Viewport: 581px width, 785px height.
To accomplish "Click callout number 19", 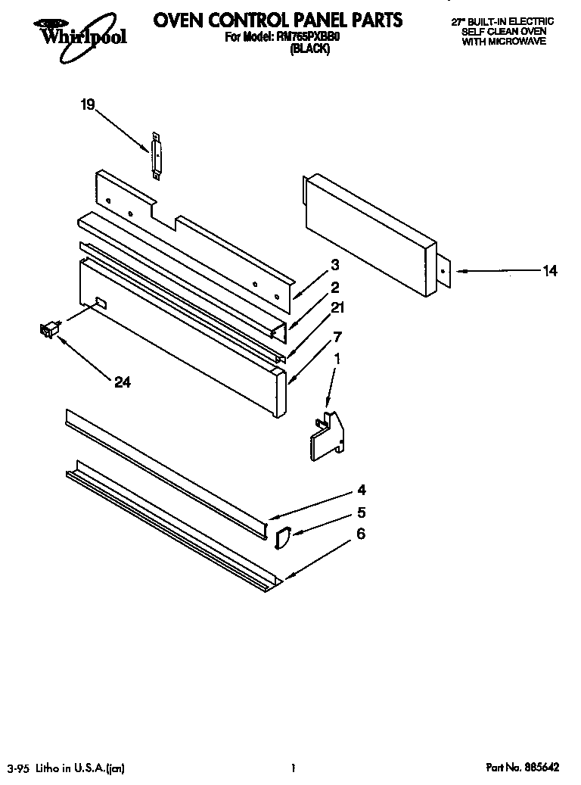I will tap(88, 105).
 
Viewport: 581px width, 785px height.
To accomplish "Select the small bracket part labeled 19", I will tap(157, 156).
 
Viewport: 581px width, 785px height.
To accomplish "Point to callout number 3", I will tap(334, 265).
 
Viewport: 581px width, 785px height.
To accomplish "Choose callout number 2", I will tap(334, 287).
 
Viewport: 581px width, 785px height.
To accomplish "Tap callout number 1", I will tap(337, 361).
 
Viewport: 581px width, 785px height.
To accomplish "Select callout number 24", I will tap(122, 383).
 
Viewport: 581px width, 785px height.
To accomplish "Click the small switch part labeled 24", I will tap(49, 329).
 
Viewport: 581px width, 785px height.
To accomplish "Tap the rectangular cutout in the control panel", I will tap(99, 304).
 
